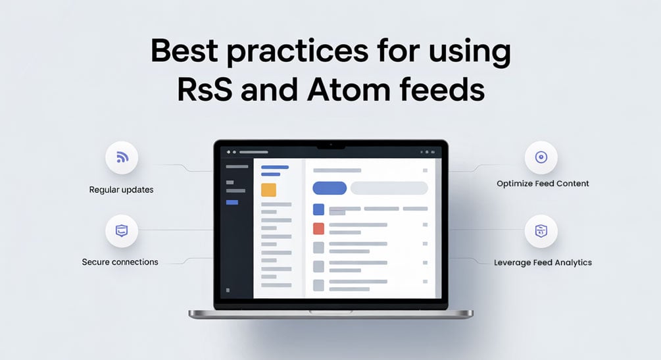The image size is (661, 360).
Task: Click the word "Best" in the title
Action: pyautogui.click(x=185, y=51)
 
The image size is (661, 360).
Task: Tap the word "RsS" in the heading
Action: pyautogui.click(x=205, y=90)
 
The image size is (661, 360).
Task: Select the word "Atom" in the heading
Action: pyautogui.click(x=349, y=90)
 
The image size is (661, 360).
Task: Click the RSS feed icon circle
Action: pyautogui.click(x=122, y=157)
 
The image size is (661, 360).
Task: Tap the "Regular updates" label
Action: pyautogui.click(x=121, y=190)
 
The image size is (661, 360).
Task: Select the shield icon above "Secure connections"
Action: pyautogui.click(x=122, y=231)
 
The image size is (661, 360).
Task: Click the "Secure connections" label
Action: pyautogui.click(x=120, y=262)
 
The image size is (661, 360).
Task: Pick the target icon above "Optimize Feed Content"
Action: pyautogui.click(x=541, y=157)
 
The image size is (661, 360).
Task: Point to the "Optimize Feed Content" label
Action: pyautogui.click(x=543, y=184)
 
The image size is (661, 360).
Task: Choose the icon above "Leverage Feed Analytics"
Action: pyautogui.click(x=541, y=231)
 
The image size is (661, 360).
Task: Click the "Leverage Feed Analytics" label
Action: pyautogui.click(x=543, y=263)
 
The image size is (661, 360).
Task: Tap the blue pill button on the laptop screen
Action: pyautogui.click(x=330, y=188)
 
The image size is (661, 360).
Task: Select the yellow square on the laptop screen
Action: pyautogui.click(x=268, y=190)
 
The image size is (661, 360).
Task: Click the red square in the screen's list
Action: pyautogui.click(x=319, y=229)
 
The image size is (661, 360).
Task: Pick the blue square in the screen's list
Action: pyautogui.click(x=319, y=209)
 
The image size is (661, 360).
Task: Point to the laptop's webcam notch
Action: pyautogui.click(x=331, y=145)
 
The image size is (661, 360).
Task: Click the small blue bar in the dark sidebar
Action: pyautogui.click(x=232, y=203)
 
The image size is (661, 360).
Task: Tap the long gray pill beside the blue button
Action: pyautogui.click(x=389, y=188)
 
